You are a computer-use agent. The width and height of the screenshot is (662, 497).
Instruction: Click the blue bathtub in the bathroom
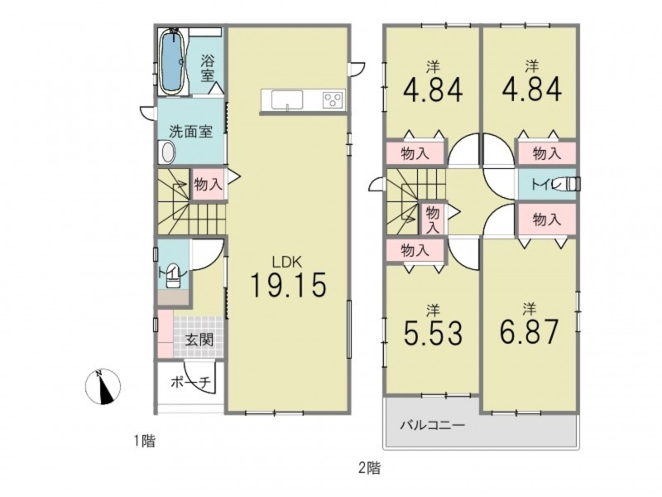[x=173, y=61]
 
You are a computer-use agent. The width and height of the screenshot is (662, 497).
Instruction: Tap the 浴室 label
[x=208, y=69]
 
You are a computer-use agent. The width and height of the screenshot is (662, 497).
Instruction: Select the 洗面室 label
[x=190, y=132]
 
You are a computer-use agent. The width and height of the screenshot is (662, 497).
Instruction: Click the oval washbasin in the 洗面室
[x=167, y=152]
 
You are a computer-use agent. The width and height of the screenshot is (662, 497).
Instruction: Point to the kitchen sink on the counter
[x=286, y=100]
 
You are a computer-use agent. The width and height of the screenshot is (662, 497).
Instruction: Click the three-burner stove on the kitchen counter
[x=334, y=100]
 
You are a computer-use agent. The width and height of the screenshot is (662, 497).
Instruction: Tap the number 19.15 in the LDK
[x=288, y=284]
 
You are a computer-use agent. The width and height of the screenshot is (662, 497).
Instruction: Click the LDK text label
[x=286, y=262]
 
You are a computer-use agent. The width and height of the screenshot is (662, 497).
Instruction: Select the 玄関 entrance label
[x=199, y=340]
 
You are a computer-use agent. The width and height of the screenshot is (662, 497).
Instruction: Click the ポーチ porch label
[x=190, y=382]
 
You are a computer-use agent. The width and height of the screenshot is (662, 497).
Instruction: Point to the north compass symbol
[x=103, y=387]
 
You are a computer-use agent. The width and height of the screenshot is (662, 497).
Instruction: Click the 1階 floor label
[x=144, y=442]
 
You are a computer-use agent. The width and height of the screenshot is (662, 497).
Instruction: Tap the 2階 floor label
[x=369, y=468]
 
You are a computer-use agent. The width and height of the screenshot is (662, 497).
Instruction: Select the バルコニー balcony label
[x=433, y=424]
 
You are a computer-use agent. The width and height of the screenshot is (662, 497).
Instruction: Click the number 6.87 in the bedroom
[x=530, y=332]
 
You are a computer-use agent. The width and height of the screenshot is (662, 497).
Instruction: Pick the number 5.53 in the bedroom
[x=433, y=332]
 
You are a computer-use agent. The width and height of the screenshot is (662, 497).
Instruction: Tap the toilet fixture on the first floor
[x=173, y=276]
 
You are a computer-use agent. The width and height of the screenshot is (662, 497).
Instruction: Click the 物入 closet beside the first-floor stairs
[x=208, y=184]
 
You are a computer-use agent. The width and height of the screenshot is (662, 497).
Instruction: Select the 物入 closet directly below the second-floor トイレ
[x=547, y=220]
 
